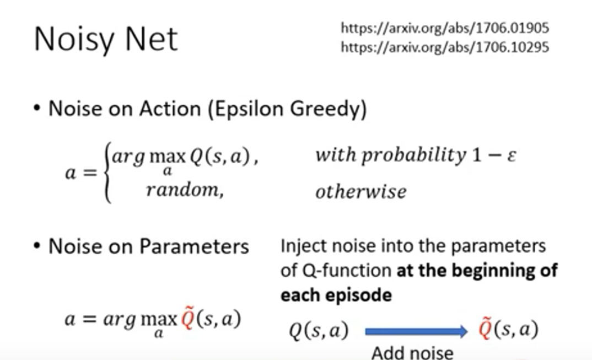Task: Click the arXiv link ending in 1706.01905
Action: coord(445,28)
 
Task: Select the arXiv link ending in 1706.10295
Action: coord(445,47)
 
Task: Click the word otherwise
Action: coord(361,191)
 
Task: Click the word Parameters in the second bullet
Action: coord(194,246)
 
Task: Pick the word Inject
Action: coord(303,246)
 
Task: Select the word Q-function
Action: coord(347,271)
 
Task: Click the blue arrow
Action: coord(416,331)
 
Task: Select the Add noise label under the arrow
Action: coord(412,353)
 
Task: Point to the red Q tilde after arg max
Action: coord(187,318)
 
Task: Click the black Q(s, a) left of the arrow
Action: coord(319,331)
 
